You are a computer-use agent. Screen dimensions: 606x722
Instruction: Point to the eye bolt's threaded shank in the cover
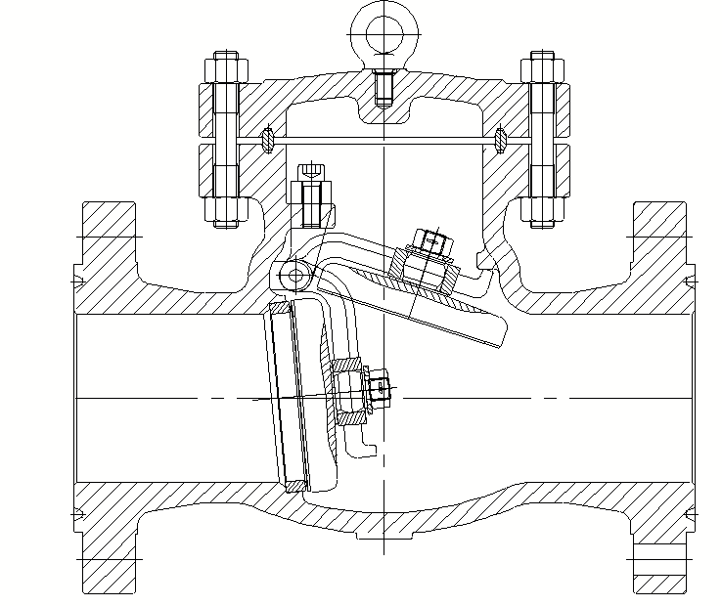[x=383, y=89]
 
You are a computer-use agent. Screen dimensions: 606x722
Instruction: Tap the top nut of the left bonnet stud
[x=224, y=70]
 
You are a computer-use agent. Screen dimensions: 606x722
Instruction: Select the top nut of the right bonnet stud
[x=541, y=70]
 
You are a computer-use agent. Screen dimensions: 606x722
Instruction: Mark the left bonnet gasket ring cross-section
[x=267, y=139]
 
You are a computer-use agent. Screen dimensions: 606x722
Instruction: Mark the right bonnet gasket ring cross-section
[x=501, y=139]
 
